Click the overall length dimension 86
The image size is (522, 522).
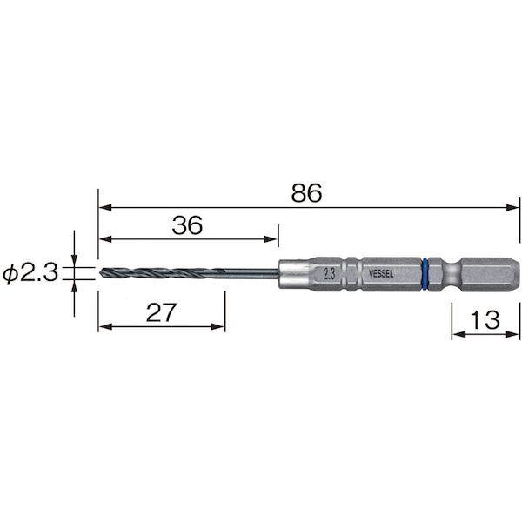(x=306, y=193)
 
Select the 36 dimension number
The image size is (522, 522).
(x=187, y=225)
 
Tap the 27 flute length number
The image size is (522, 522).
(x=160, y=312)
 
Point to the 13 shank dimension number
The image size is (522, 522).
(x=485, y=319)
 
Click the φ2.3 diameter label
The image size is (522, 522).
(x=30, y=273)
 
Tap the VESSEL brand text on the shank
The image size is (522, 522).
(x=381, y=274)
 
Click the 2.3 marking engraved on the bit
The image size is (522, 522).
(x=329, y=274)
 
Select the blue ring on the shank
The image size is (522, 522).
(x=425, y=274)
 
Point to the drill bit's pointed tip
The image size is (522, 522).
(x=100, y=273)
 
